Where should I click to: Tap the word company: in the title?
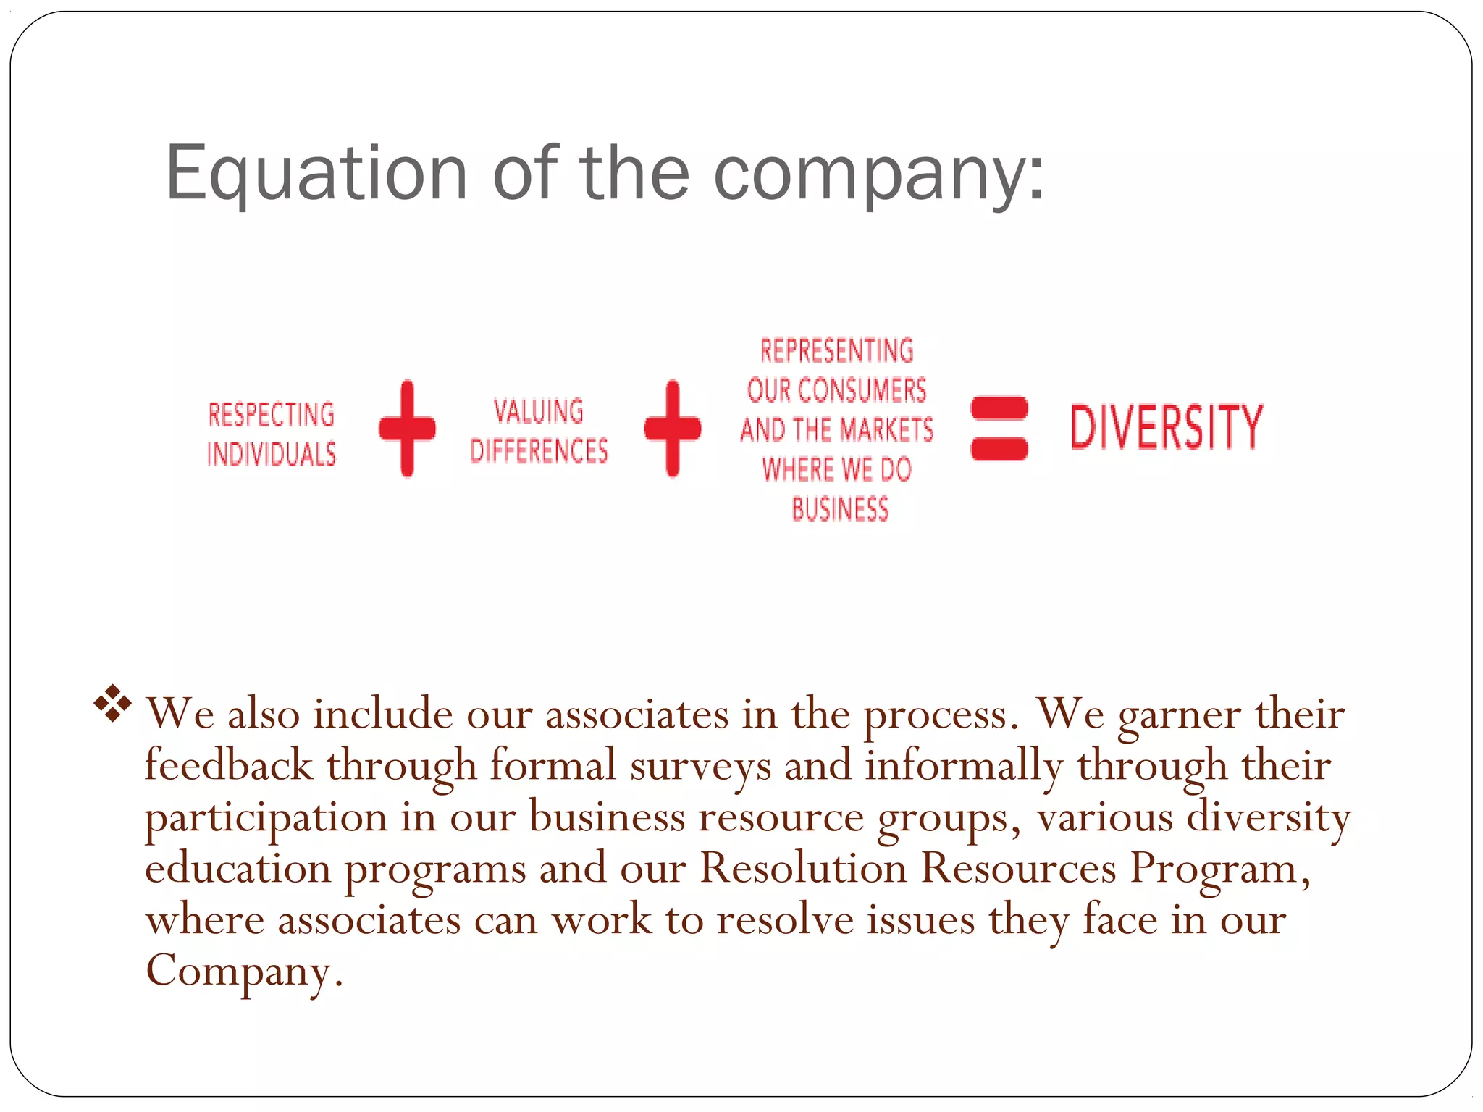coord(879,174)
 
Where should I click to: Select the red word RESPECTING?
coord(272,415)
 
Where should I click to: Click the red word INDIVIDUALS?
coord(272,455)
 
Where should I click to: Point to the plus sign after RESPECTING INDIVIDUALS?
coord(407,428)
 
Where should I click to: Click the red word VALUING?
coord(539,411)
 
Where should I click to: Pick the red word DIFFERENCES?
coord(539,451)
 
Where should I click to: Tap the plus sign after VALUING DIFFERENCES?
coord(673,428)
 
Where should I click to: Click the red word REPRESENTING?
coord(836,350)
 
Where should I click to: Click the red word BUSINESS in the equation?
coord(840,510)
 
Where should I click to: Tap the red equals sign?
coord(999,428)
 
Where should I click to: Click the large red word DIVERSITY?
coord(1167,427)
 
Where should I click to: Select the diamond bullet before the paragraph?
coord(113,703)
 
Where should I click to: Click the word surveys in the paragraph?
coord(700,766)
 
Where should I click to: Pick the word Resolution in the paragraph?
coord(803,868)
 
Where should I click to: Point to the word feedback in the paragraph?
coord(229,766)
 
